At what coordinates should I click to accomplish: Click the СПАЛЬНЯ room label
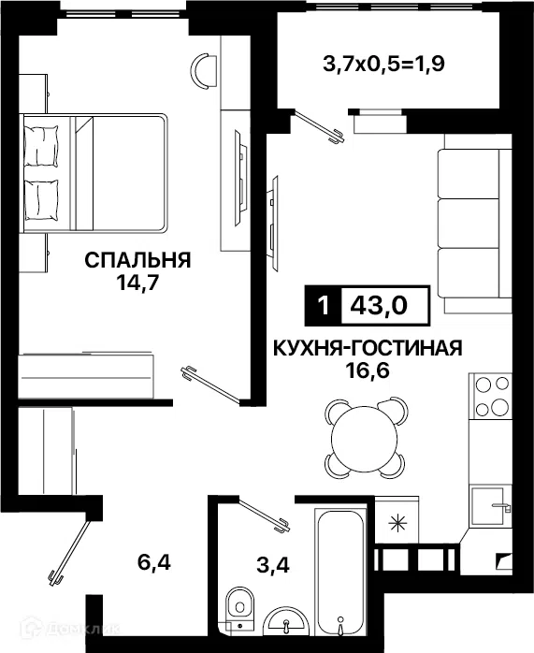point(137,260)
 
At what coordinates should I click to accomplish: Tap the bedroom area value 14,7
point(137,283)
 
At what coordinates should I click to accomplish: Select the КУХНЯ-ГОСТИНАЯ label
point(368,348)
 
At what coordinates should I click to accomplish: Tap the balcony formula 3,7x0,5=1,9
point(384,64)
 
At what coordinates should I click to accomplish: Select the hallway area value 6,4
point(154,563)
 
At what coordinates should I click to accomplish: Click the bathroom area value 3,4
point(273,566)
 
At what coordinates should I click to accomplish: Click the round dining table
point(365,437)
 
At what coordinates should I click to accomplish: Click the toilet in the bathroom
point(238,606)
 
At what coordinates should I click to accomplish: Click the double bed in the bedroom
point(94,172)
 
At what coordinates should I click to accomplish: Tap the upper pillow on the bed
point(41,146)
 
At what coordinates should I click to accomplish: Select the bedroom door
point(211,385)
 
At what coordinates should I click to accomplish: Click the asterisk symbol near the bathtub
point(397,523)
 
